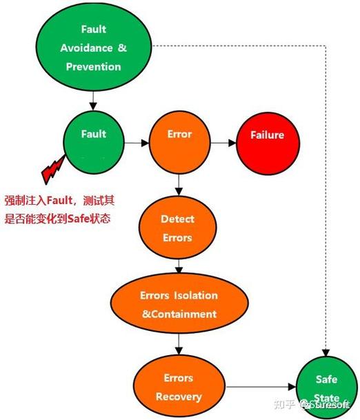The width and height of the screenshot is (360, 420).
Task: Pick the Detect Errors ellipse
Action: [177, 228]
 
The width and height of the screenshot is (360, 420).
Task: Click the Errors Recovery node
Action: [177, 387]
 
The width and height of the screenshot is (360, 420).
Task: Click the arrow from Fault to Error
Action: [137, 143]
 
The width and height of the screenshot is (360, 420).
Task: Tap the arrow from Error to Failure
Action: [222, 143]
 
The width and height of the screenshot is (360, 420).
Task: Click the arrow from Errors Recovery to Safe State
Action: [259, 388]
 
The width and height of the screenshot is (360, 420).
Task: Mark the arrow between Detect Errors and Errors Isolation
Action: [179, 266]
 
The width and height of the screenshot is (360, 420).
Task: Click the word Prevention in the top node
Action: [93, 67]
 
